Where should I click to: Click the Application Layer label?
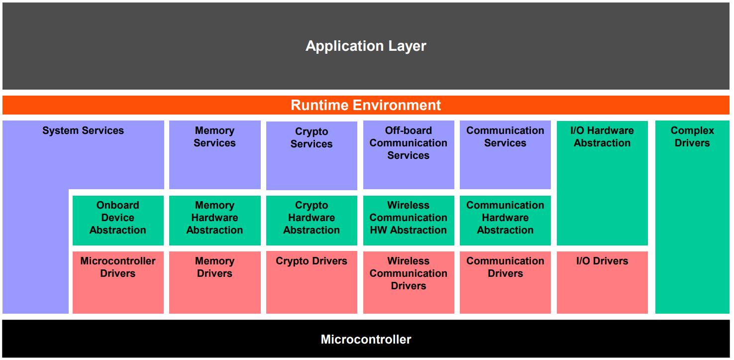click(366, 46)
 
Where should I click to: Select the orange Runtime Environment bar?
click(366, 105)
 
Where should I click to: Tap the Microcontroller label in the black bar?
click(366, 340)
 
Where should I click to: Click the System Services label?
click(83, 131)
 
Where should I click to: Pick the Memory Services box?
click(214, 154)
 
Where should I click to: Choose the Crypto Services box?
click(312, 155)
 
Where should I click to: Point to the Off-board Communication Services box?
click(408, 154)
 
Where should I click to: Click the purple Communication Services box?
click(505, 154)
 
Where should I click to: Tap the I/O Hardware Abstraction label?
click(602, 137)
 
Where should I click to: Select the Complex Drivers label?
click(692, 137)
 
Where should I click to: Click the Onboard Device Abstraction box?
click(118, 220)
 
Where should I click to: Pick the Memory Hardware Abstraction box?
click(214, 220)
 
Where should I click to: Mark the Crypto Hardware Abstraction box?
click(312, 220)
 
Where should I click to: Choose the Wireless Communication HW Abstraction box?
click(408, 220)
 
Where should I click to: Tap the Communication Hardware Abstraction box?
click(505, 220)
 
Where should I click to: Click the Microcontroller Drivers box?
click(118, 282)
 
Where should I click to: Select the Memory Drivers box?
click(214, 282)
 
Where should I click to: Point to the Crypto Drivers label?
click(312, 261)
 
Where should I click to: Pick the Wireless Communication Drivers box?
click(408, 282)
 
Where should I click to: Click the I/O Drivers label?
click(602, 261)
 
